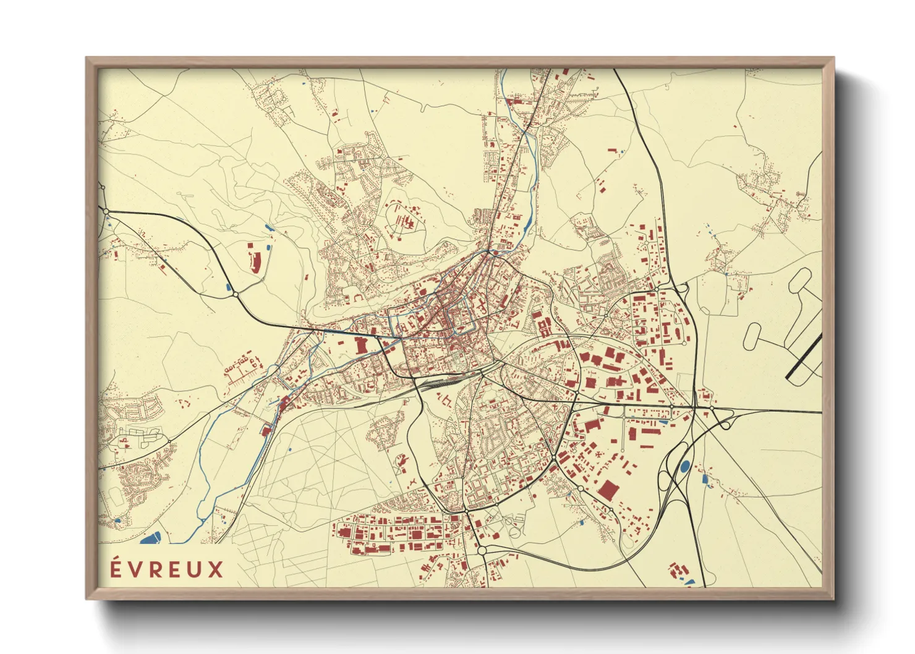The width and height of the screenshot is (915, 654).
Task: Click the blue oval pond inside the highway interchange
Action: (684, 467)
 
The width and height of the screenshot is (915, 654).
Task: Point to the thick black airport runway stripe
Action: (804, 356)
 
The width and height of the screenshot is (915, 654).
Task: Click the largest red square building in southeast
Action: (608, 491)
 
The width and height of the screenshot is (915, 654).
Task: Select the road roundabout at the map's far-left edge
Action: (106, 211)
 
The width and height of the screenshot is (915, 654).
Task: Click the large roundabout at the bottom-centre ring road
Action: (482, 549)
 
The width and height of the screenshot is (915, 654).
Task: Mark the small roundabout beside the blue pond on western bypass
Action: (236, 295)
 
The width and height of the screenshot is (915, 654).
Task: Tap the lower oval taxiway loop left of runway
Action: (755, 335)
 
